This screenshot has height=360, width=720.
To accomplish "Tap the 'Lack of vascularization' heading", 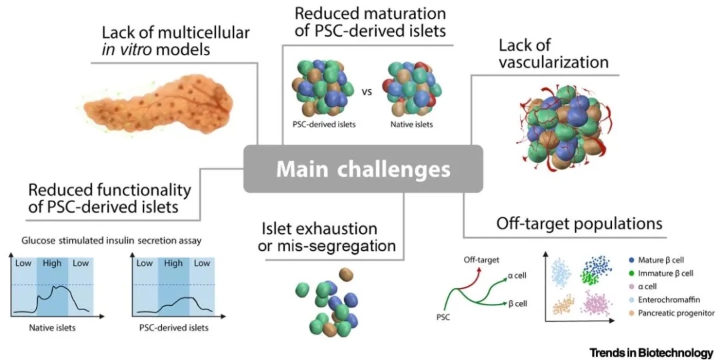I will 553,54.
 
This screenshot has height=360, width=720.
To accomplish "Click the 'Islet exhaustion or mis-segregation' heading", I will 327,238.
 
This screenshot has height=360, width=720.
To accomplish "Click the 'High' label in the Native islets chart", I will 52,263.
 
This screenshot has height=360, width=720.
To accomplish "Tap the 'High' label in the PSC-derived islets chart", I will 173,263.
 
